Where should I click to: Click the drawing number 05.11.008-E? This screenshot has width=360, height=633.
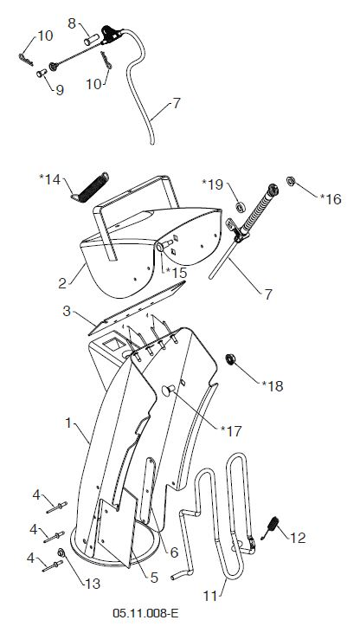click(145, 614)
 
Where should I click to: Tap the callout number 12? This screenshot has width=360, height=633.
click(298, 538)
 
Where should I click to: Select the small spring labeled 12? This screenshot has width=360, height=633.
click(272, 526)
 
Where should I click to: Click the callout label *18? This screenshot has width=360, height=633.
click(273, 386)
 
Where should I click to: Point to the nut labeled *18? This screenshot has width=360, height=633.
click(231, 358)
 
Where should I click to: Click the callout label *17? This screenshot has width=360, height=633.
click(231, 431)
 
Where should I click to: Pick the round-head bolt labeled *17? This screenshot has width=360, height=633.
click(168, 390)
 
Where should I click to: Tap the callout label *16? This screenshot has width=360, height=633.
click(331, 199)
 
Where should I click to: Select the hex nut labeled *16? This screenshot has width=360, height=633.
click(291, 181)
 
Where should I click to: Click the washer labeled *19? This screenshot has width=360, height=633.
click(241, 208)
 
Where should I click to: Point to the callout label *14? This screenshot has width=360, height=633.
click(50, 179)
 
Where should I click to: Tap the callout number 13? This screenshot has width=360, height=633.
click(93, 584)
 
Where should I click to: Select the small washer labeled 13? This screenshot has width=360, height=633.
click(61, 552)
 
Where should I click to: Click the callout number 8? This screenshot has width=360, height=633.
click(72, 23)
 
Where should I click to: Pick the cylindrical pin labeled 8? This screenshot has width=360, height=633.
click(91, 40)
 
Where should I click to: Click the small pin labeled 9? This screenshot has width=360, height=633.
click(42, 73)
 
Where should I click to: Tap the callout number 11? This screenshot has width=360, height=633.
click(210, 596)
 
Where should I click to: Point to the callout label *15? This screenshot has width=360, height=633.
click(177, 273)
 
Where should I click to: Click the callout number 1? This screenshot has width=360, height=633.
click(68, 423)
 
